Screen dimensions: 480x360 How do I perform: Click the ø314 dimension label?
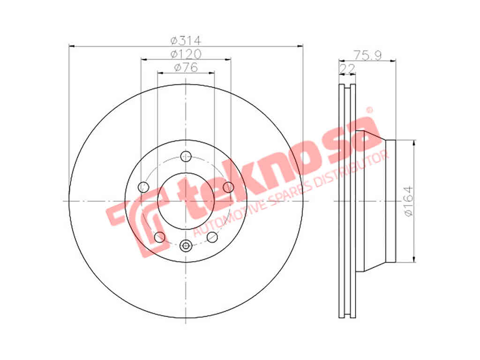[186, 40]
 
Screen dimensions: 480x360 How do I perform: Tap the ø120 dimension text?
[186, 54]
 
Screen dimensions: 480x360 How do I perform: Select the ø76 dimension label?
[186, 67]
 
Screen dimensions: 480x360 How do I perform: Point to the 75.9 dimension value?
[367, 55]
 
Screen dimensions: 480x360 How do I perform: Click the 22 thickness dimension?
[347, 68]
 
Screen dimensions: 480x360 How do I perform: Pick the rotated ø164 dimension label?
[408, 202]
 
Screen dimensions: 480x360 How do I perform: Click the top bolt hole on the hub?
[186, 156]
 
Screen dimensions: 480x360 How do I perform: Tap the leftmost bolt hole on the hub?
[143, 187]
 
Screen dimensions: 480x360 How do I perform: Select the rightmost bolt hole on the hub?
[228, 187]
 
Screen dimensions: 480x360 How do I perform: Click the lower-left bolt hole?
[159, 237]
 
